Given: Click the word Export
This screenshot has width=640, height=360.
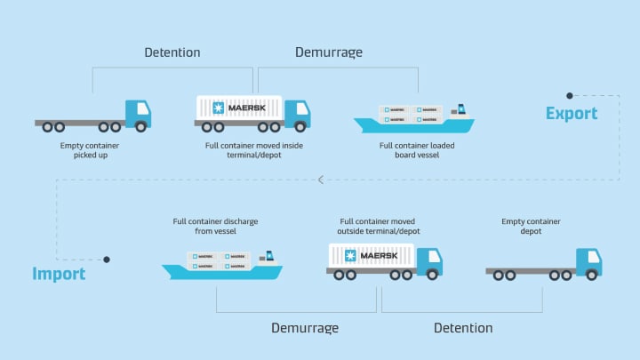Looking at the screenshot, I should click(572, 114).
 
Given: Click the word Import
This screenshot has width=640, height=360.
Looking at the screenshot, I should click(59, 274).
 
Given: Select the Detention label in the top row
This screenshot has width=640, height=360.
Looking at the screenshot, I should click(172, 52).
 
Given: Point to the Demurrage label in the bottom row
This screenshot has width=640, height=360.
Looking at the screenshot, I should click(305, 328).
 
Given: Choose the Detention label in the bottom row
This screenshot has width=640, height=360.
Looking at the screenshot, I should click(463, 328).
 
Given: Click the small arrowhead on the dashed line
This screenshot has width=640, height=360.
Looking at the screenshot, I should click(322, 180).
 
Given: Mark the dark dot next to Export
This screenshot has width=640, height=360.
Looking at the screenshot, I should click(570, 95).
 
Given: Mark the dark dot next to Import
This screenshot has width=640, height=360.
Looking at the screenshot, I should click(106, 260).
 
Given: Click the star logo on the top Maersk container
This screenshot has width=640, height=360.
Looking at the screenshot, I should click(215, 108).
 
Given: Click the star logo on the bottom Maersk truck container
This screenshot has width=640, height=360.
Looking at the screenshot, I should click(348, 256).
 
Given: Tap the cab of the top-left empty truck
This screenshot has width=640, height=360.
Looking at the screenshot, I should click(138, 113).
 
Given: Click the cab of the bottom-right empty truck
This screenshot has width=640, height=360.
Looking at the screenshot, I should click(588, 261).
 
